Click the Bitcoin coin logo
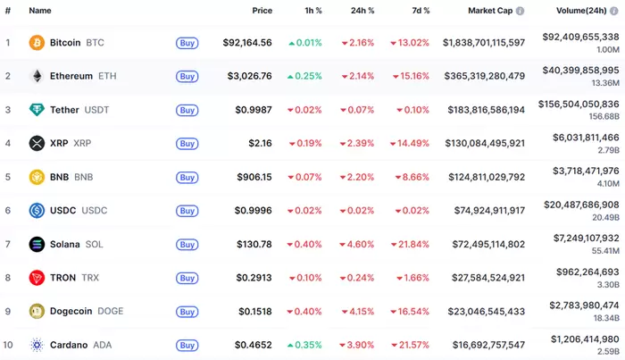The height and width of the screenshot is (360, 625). pos(37,43)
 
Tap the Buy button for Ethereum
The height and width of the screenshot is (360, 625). pos(187,76)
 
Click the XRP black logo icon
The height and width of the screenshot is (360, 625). pos(37,143)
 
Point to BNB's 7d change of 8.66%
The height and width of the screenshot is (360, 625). pos(410,177)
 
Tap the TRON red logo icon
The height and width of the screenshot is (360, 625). pos(37,278)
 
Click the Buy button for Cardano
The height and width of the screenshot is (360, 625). pos(187,345)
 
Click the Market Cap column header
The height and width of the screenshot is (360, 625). pos(490,11)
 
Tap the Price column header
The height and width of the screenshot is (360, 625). pos(262,11)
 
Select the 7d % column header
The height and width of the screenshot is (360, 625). pos(415,11)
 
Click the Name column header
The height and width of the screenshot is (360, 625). pos(39,11)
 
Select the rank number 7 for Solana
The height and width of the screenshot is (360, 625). pos(8,244)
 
